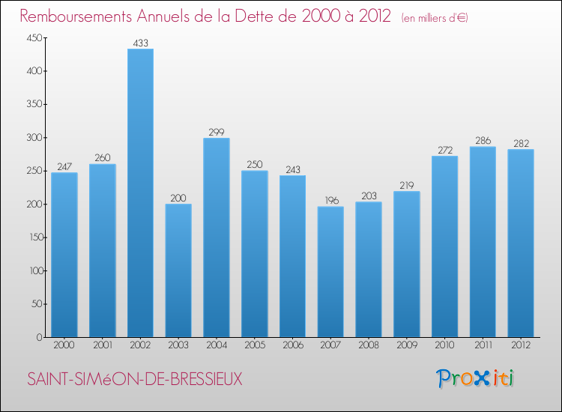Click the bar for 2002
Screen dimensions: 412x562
point(140,193)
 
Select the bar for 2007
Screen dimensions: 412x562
point(330,272)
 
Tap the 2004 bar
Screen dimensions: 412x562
point(217,237)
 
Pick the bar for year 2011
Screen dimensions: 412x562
point(483,242)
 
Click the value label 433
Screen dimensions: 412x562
point(140,43)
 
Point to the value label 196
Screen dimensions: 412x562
point(330,201)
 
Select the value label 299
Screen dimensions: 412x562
point(217,133)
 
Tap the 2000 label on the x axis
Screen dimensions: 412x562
point(64,346)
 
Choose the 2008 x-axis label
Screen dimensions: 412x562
point(369,346)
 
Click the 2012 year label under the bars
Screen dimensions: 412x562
point(521,346)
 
